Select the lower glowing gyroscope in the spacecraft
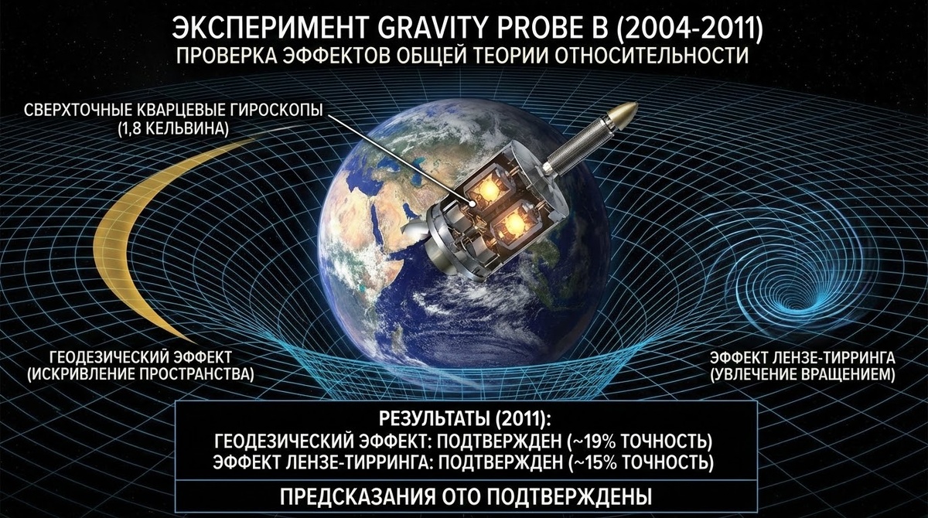(513, 224)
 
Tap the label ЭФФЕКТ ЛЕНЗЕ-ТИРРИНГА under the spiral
(802, 359)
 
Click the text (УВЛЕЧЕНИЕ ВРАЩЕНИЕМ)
(802, 376)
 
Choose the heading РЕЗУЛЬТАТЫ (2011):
(465, 421)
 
